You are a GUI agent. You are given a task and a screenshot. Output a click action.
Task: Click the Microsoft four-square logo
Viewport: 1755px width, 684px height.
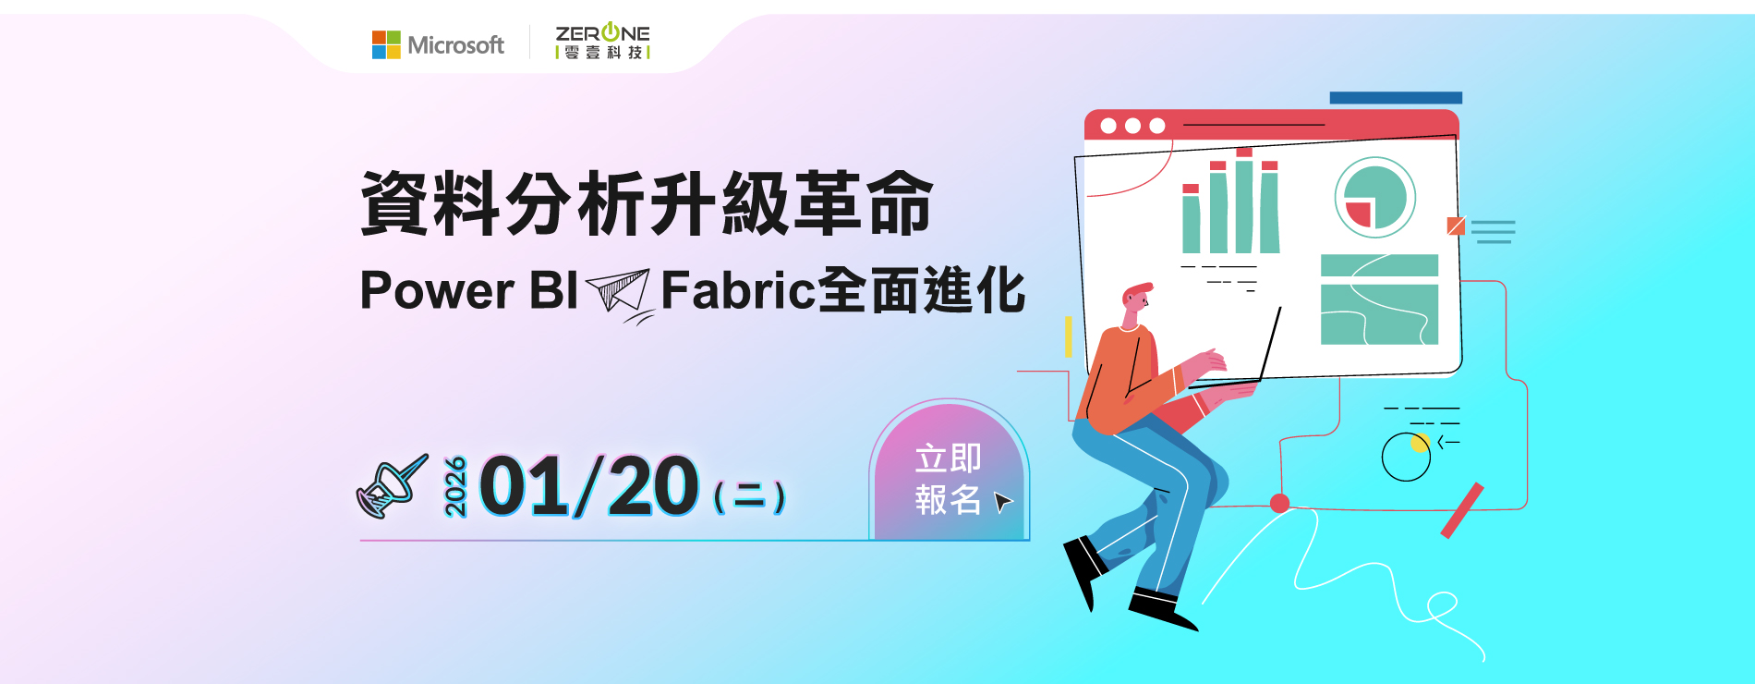coord(386,44)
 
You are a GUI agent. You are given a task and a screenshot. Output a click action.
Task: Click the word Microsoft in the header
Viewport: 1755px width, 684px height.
coord(456,45)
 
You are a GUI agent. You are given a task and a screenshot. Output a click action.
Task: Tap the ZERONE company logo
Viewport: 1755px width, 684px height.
coord(603,42)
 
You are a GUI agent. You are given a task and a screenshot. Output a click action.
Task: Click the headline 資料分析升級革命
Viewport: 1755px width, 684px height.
coord(647,203)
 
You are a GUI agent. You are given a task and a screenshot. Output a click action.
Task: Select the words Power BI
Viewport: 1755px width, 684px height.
coord(469,290)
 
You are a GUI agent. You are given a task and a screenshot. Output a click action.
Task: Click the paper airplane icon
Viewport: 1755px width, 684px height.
coord(620,295)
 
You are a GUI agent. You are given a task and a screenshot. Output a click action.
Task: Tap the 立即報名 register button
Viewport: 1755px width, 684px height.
coord(949,472)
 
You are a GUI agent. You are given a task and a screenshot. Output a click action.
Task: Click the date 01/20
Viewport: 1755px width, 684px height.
coord(589,485)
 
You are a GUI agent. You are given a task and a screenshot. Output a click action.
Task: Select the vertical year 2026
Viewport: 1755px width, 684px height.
coord(455,486)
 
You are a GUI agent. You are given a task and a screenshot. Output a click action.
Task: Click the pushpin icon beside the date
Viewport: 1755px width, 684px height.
coord(392,485)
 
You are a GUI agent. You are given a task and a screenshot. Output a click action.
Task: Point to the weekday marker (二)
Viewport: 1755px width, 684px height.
coord(749,496)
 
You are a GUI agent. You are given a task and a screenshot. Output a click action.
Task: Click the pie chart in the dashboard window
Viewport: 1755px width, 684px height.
coord(1375,198)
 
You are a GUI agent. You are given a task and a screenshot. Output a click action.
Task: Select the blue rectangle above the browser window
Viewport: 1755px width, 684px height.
coord(1396,98)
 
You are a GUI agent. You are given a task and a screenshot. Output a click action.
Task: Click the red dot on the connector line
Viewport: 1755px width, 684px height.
coord(1279,503)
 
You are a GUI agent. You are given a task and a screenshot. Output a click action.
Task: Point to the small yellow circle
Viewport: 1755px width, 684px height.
coord(1420,443)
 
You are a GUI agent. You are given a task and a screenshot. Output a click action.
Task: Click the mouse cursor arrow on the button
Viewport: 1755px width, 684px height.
coord(1002,502)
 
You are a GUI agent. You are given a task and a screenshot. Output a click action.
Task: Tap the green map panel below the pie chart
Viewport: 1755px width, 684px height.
coord(1379,299)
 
